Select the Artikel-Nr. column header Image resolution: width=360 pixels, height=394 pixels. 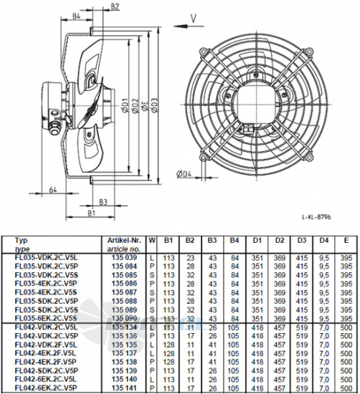click(125, 242)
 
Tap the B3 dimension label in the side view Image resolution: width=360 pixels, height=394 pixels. click(103, 203)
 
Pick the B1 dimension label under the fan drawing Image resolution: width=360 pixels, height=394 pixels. click(92, 213)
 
